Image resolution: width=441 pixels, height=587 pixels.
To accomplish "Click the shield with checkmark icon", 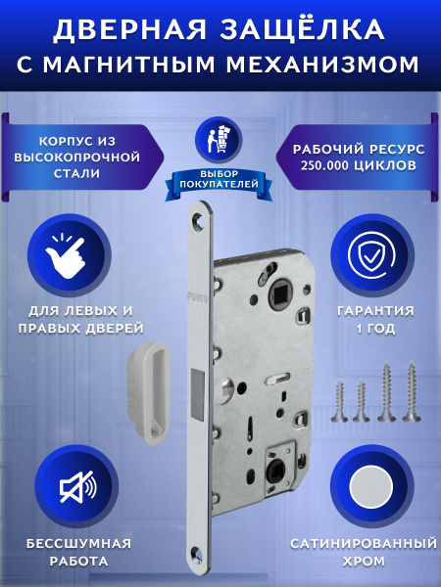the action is coord(371,255).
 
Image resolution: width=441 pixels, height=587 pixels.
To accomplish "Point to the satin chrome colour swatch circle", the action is coord(371,487).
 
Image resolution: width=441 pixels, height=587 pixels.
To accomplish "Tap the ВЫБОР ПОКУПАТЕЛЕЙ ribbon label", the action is coord(219,179).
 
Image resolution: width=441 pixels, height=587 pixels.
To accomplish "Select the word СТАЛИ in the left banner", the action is coord(76,174).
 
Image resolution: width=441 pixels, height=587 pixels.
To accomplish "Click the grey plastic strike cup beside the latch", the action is coord(149,392).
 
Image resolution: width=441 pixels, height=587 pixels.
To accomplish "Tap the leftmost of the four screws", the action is coord(339,402).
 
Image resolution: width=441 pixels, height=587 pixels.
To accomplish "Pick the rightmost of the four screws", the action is coord(412,391).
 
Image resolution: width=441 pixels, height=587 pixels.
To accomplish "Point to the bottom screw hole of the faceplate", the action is coord(197,553).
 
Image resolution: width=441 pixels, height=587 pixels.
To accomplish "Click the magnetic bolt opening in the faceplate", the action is coord(198,394).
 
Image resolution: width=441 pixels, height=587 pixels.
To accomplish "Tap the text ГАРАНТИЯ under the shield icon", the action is coord(375,311).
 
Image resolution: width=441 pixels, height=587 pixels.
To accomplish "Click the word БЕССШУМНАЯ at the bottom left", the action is coord(78,543).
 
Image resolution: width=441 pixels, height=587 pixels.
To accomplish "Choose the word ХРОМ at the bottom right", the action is coord(364,562).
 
